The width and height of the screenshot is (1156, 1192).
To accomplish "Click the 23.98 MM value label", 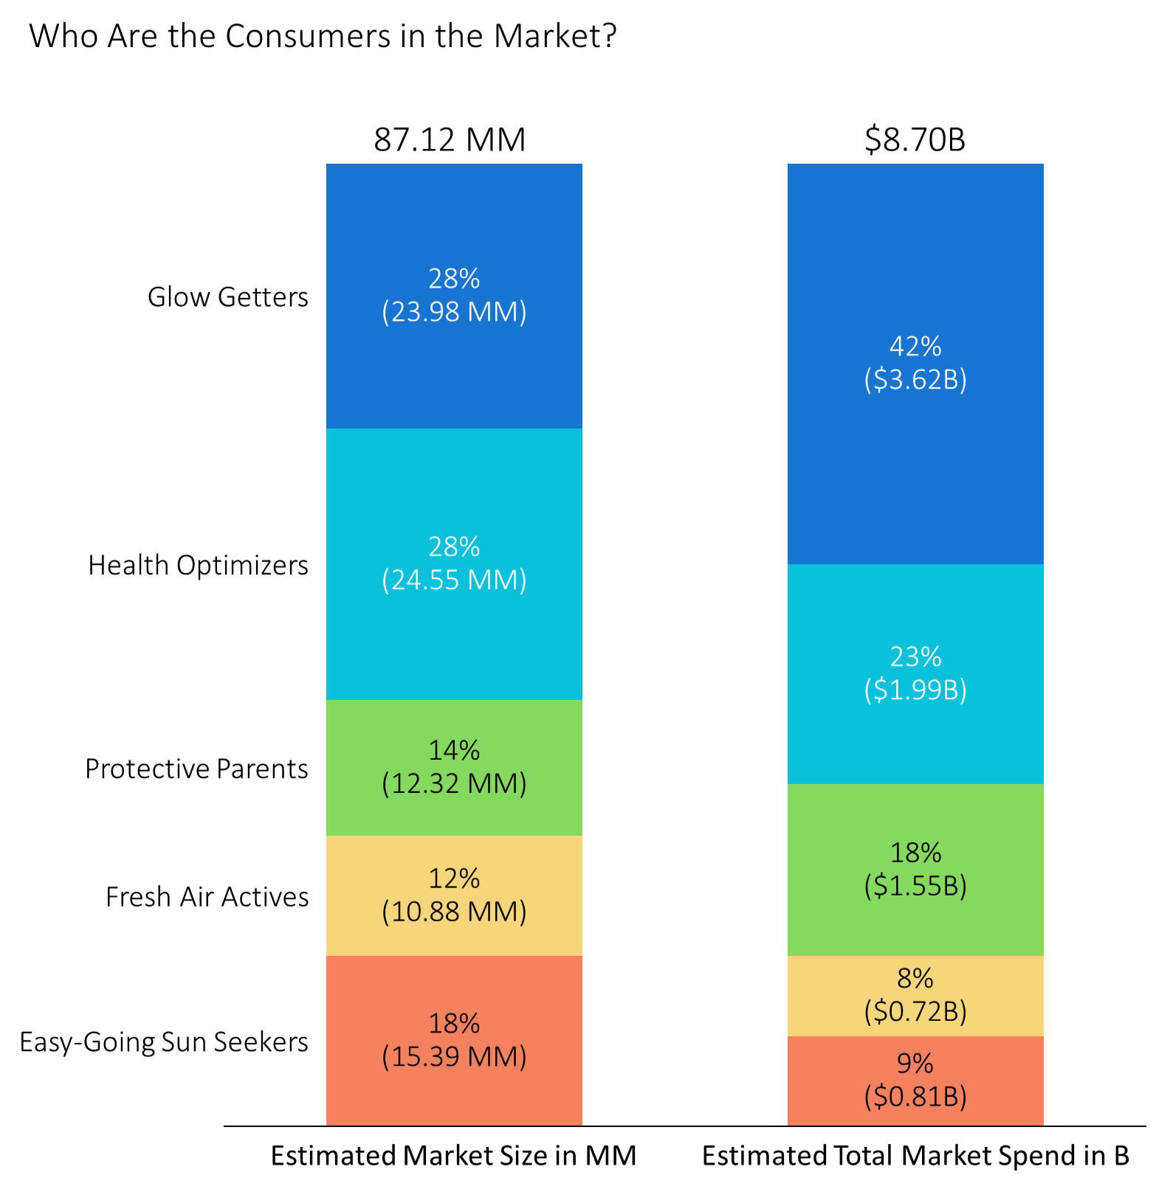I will click(x=454, y=312).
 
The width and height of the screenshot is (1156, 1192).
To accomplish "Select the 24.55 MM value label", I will click(x=454, y=581).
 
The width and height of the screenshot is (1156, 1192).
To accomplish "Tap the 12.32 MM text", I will click(x=454, y=783).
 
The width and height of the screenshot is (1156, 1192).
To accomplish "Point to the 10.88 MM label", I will click(x=454, y=912).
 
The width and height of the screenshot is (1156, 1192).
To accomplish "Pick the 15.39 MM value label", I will click(x=454, y=1057).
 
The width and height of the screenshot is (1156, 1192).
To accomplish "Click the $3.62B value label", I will click(x=915, y=379).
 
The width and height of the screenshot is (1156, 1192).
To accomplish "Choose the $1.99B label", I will click(x=915, y=690).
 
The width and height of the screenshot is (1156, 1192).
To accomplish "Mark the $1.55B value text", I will click(x=915, y=885).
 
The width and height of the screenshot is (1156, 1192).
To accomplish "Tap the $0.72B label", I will click(x=915, y=1011).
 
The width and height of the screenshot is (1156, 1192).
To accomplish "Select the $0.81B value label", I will click(x=915, y=1097).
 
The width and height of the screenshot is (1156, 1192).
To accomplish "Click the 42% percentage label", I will click(x=915, y=346).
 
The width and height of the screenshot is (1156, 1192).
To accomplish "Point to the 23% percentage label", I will click(x=915, y=656).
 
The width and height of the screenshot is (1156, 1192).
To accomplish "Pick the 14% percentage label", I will click(x=454, y=750).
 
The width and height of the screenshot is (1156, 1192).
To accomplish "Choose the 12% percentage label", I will click(x=454, y=879).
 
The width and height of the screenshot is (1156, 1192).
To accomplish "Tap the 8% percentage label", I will click(x=915, y=978).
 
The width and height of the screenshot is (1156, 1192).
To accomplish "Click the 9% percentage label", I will click(x=915, y=1064).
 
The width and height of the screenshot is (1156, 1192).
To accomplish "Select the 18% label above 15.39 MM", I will click(x=454, y=1024).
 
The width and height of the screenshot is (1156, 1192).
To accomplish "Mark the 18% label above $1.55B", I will click(x=915, y=853).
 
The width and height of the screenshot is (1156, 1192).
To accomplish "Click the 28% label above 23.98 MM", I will click(x=454, y=279).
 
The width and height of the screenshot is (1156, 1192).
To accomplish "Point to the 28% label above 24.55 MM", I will click(x=454, y=547).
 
